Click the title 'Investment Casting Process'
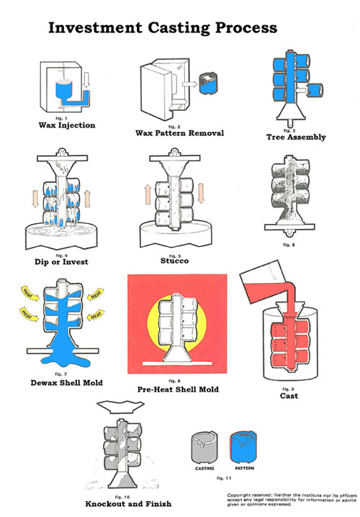coord(162,28)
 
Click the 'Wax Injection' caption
coord(66,125)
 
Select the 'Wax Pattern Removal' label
coord(181,132)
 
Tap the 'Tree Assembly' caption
coord(296,137)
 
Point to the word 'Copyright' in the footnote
coord(240,495)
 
